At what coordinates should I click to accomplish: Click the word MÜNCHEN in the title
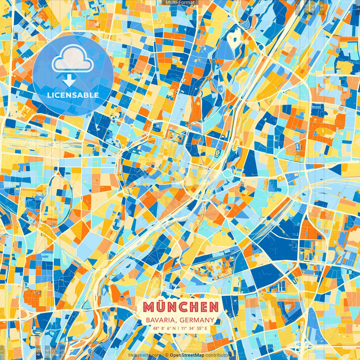click(180, 307)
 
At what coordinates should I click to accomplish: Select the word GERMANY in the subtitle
click(197, 320)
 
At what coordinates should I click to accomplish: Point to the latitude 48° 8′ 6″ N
click(164, 328)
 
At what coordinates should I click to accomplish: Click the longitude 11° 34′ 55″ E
click(194, 328)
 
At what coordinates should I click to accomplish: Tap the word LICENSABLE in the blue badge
click(73, 95)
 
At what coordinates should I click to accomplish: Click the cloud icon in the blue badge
click(73, 59)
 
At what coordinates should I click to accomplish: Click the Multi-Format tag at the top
click(180, 3)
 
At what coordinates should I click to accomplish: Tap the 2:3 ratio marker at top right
click(298, 7)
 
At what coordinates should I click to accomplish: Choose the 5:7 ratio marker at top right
click(306, 7)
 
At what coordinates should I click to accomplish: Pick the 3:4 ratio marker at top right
click(312, 7)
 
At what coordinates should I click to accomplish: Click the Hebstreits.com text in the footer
click(145, 355)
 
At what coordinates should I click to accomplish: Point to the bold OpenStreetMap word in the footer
click(187, 355)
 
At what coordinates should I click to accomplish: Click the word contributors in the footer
click(219, 355)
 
